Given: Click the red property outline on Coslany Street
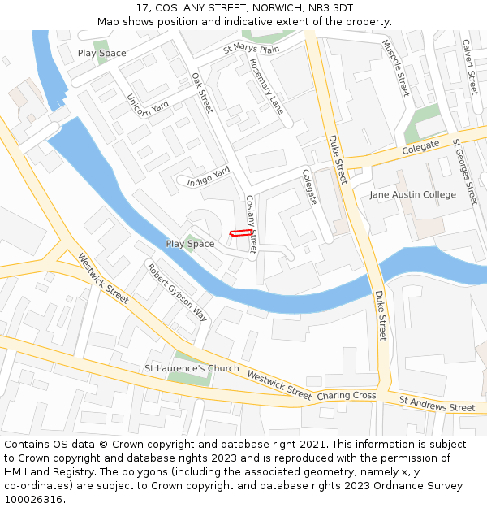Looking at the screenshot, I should click(239, 233).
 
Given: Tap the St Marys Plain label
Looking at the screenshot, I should click(251, 50).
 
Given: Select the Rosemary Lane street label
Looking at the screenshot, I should click(266, 85).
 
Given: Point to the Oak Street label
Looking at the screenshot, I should click(201, 92).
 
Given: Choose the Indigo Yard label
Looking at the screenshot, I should click(209, 176).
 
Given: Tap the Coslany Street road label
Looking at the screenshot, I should click(251, 224).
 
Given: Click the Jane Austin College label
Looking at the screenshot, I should click(412, 195).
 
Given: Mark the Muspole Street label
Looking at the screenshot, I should click(397, 67).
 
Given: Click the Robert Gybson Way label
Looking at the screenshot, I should click(177, 292).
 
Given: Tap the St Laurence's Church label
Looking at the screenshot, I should click(192, 368).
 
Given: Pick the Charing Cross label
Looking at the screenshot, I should click(346, 396).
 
